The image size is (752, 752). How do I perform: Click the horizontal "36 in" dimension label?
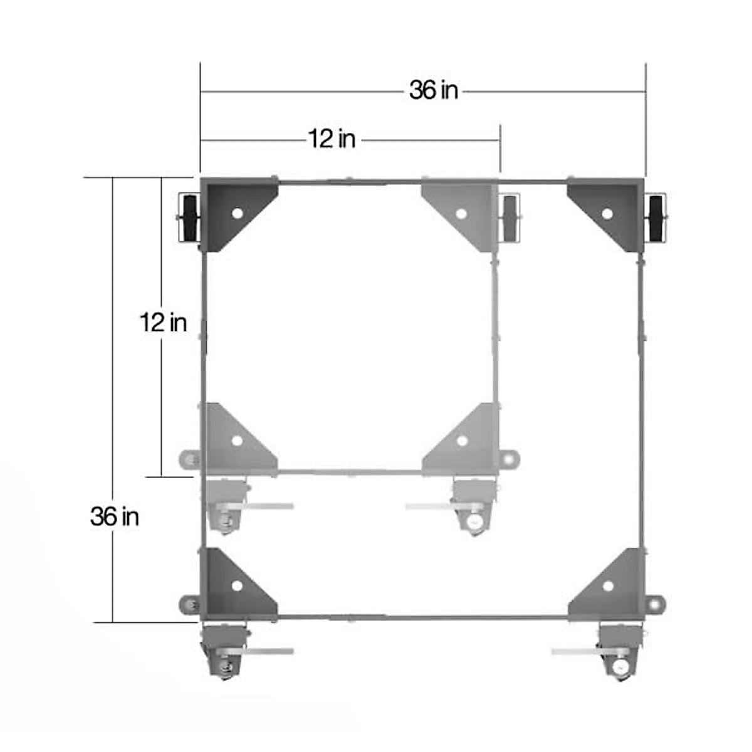click(434, 91)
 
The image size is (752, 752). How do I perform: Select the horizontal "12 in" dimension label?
click(332, 139)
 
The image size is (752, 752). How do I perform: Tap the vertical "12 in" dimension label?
click(163, 323)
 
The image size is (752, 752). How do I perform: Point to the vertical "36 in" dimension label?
click(114, 516)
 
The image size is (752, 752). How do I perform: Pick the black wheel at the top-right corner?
click(656, 218)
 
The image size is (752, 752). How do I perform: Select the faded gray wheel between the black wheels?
click(511, 218)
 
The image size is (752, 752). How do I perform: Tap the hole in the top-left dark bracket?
click(236, 213)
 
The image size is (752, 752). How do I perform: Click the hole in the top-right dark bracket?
click(607, 213)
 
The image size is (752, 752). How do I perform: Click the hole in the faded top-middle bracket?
click(461, 213)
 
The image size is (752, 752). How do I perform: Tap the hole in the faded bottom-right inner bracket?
click(462, 441)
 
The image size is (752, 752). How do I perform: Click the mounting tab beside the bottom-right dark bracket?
click(655, 605)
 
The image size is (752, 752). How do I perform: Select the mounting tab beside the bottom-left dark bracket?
click(187, 605)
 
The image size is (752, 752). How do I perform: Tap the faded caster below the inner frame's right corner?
click(473, 508)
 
